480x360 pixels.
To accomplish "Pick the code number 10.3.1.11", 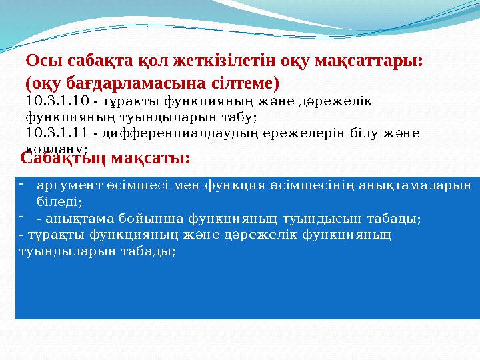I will pos(57,133).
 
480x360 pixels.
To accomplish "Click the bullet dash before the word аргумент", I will pos(21,183).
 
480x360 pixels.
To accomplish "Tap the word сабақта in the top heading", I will pos(96,61).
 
